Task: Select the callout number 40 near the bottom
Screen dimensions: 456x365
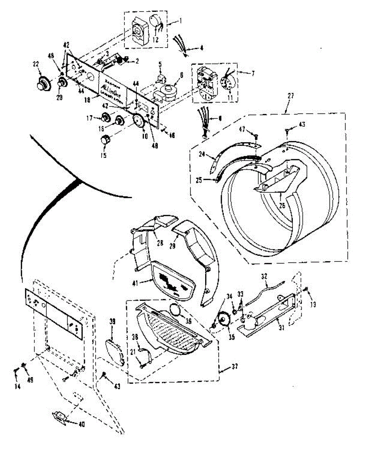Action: [81, 424]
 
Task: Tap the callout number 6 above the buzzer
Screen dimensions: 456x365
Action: [182, 75]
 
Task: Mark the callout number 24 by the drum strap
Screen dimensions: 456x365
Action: [201, 154]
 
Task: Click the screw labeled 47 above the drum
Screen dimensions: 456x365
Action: [255, 136]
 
